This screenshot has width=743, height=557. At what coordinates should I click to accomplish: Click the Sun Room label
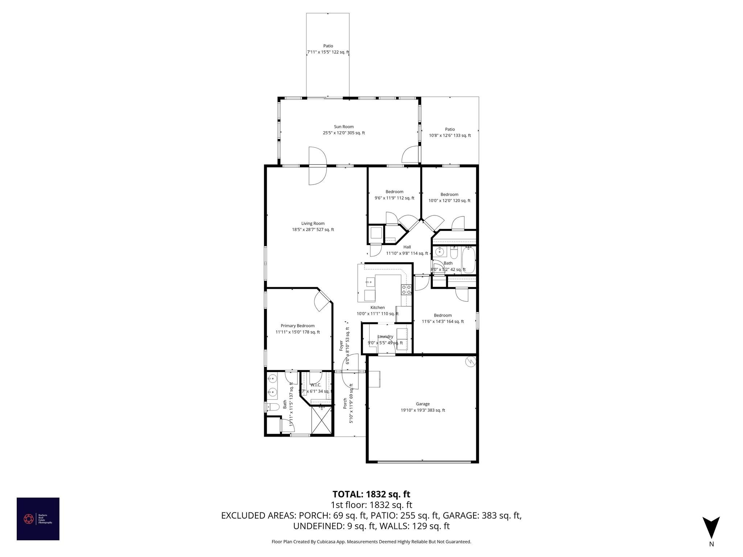344,127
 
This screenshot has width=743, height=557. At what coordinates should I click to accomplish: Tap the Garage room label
423,404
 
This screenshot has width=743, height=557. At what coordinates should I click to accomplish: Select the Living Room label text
313,223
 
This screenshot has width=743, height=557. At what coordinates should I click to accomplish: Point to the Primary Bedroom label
297,326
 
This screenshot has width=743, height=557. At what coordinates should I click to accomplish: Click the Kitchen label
377,308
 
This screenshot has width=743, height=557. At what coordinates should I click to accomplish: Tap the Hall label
407,247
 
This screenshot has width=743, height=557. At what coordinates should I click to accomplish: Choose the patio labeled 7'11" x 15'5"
328,49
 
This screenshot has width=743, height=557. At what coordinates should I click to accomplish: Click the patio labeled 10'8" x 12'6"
450,132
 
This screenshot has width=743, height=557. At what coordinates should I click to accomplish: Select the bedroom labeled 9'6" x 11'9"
394,195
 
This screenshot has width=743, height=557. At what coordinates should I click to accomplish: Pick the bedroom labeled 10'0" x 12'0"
449,197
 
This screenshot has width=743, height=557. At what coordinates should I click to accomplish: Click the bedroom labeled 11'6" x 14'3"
443,318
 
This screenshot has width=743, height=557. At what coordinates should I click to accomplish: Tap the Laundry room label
385,337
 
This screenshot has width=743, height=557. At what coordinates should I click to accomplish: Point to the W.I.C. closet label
316,385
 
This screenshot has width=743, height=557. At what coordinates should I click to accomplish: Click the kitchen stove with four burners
406,289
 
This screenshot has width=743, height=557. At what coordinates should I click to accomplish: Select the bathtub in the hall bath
469,260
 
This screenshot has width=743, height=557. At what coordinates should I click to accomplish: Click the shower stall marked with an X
321,420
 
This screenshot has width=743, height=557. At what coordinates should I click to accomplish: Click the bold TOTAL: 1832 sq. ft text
371,494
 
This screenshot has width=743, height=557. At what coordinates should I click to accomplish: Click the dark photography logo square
38,519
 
